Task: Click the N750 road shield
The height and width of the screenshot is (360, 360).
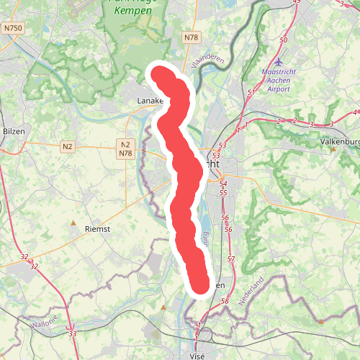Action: pyautogui.click(x=13, y=27)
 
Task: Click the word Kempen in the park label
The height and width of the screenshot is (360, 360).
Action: pyautogui.click(x=133, y=12)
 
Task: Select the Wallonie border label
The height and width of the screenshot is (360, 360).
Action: pyautogui.click(x=44, y=325)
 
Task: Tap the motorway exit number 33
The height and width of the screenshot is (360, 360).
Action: pyautogui.click(x=72, y=334)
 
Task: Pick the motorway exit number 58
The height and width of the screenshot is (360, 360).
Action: pyautogui.click(x=225, y=301)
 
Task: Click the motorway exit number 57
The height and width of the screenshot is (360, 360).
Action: pyautogui.click(x=230, y=258)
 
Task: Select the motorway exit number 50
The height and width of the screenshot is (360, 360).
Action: pyautogui.click(x=284, y=40)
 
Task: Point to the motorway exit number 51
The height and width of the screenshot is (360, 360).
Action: pyautogui.click(x=251, y=93)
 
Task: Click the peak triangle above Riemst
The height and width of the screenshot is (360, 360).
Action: pyautogui.click(x=73, y=223)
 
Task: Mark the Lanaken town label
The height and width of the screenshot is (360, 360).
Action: pyautogui.click(x=150, y=102)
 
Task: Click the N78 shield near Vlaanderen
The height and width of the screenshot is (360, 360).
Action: pyautogui.click(x=191, y=37)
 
